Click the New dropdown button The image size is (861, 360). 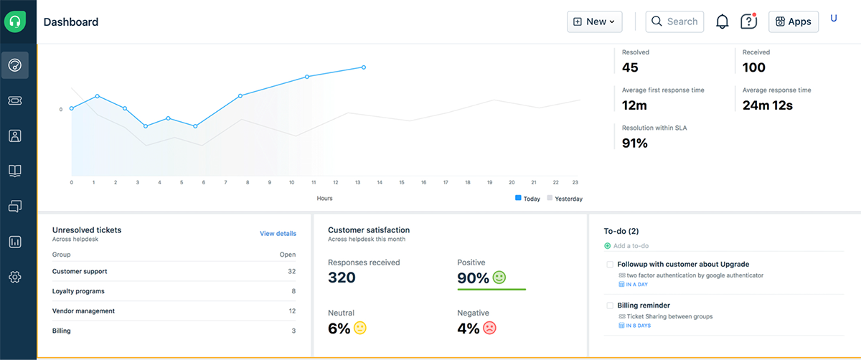594,22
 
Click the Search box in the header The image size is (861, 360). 674,22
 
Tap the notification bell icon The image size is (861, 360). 723,22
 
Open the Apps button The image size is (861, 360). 793,22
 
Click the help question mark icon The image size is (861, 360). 748,22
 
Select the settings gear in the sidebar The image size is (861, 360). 14,277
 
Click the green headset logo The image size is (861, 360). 14,22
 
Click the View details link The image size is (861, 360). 278,233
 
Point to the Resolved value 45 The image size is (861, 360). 630,67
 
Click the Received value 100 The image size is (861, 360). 754,67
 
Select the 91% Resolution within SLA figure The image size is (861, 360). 634,143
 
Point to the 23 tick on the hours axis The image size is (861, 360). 575,183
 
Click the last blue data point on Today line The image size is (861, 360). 364,67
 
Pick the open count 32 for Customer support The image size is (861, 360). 291,272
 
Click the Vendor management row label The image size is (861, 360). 83,311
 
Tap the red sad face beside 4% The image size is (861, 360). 489,328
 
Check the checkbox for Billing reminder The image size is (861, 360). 610,305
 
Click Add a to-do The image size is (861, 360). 631,246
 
